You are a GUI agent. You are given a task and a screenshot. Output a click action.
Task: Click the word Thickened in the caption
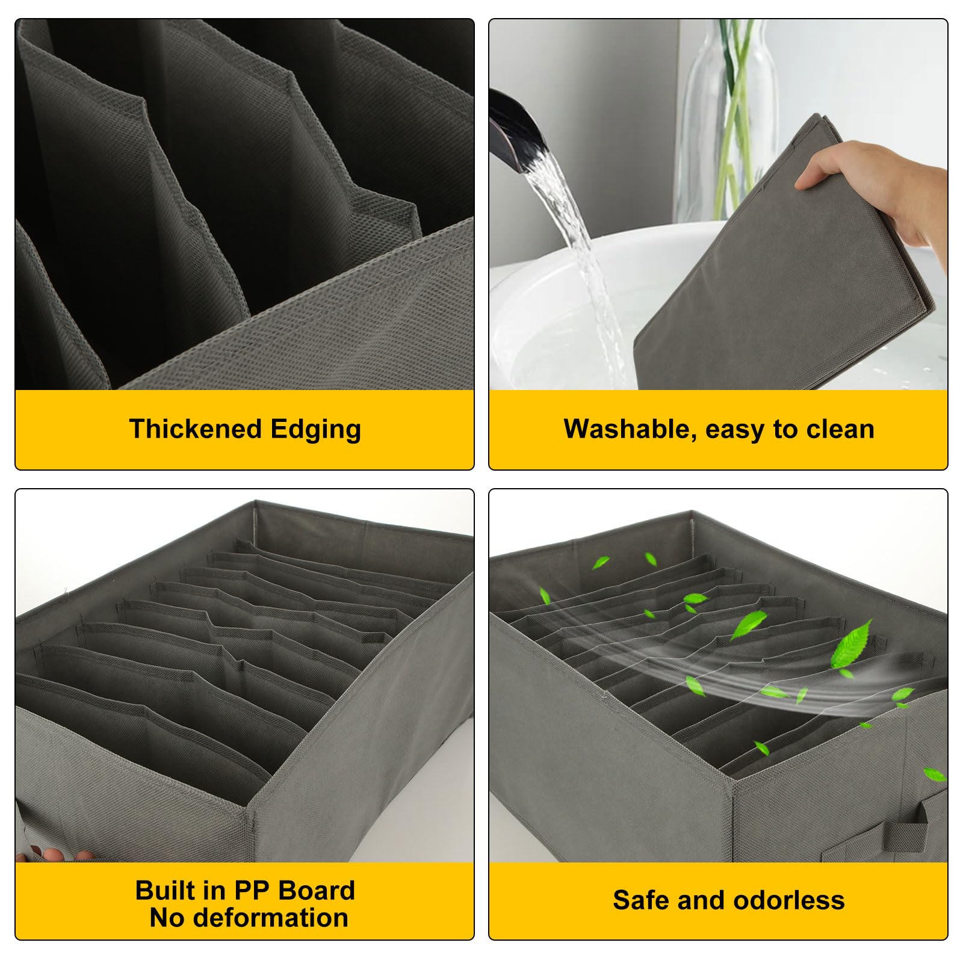click(195, 429)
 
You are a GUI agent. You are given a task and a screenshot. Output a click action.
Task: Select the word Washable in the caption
click(631, 429)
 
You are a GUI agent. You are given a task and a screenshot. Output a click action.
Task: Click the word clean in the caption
click(840, 429)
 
